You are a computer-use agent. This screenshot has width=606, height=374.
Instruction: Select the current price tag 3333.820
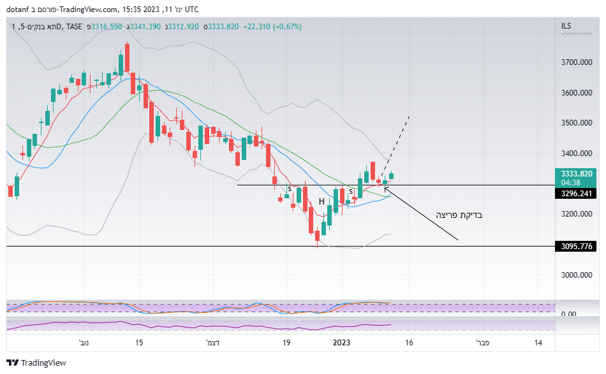click(577, 173)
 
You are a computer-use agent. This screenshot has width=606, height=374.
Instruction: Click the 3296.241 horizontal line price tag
click(577, 194)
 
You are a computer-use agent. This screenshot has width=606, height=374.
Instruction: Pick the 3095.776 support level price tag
click(577, 246)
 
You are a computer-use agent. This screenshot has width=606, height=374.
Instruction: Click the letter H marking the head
click(322, 201)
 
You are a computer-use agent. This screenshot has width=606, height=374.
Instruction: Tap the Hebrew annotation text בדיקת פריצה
click(459, 215)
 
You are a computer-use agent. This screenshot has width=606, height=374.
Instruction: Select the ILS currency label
click(566, 26)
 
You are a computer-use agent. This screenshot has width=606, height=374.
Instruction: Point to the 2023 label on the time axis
click(341, 343)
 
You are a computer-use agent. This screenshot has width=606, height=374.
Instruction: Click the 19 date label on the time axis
click(287, 343)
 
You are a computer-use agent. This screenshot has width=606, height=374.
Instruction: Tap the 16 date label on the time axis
click(409, 343)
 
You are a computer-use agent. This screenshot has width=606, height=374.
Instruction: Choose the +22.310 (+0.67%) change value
click(272, 27)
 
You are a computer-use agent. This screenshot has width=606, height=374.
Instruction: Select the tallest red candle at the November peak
click(127, 57)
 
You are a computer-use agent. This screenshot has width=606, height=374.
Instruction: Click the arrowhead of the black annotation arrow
click(385, 187)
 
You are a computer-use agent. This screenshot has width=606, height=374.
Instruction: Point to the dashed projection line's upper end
click(409, 117)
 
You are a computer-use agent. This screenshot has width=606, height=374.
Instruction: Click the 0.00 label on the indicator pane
click(568, 314)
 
